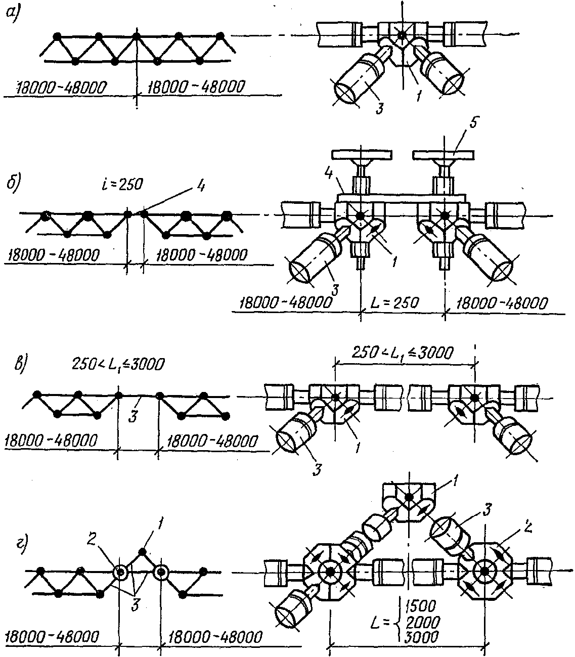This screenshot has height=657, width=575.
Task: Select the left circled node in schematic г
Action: point(120,573)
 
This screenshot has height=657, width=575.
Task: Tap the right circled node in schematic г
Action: point(161,573)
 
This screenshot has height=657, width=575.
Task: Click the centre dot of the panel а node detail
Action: point(402,34)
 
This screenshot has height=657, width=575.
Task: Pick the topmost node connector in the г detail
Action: point(409,499)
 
